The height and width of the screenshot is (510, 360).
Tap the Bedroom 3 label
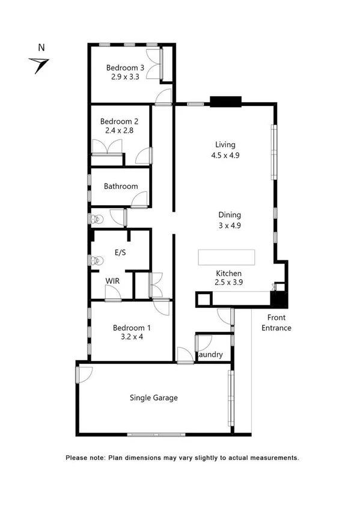coord(125,68)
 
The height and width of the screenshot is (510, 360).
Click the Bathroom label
coord(121,186)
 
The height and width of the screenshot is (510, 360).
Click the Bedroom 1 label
coord(132,328)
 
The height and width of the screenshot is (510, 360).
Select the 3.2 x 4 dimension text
coord(132,337)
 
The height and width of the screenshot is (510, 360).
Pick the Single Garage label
coord(154,398)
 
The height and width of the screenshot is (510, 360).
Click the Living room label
coord(225,144)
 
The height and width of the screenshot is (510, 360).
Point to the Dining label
coord(230,215)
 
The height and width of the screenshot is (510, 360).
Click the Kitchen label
coord(228,272)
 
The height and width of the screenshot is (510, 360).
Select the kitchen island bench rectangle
coord(227,257)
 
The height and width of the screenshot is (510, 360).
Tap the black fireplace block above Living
coord(225,101)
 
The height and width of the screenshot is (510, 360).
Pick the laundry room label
coord(211,355)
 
